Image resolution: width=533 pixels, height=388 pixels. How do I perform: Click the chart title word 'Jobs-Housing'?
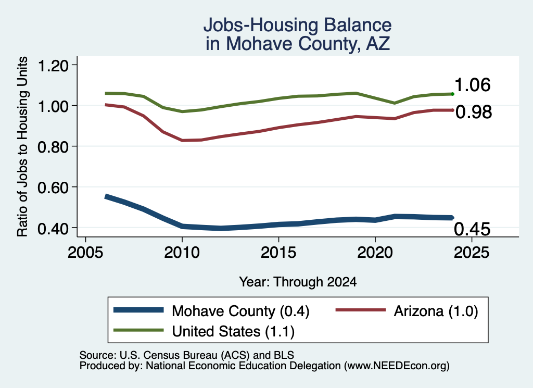[x=261, y=25]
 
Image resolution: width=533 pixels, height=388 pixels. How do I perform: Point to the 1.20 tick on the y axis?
[x=53, y=65]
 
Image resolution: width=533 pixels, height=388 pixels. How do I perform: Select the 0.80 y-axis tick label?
[x=53, y=147]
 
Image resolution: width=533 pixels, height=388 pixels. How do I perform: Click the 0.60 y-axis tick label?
[x=53, y=187]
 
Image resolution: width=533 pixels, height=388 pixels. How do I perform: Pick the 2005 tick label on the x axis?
[x=85, y=253]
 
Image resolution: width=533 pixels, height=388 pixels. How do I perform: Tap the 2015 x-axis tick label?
[x=278, y=253]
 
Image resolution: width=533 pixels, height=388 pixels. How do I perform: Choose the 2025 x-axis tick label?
[x=472, y=253]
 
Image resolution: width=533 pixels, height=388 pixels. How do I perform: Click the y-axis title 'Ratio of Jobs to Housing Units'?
[x=22, y=146]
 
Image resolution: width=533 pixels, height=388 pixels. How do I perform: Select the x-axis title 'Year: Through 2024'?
[x=298, y=282]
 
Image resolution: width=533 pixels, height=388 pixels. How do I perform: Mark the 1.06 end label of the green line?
[x=473, y=85]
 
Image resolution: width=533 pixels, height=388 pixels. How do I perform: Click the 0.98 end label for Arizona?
[x=474, y=112]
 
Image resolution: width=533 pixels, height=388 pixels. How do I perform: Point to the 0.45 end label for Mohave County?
[x=472, y=229]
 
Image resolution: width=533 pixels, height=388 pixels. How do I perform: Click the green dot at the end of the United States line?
[x=452, y=94]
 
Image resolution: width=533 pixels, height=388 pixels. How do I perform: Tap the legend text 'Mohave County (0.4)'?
[x=240, y=311]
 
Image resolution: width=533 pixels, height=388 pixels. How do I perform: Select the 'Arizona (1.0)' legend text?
[x=436, y=311]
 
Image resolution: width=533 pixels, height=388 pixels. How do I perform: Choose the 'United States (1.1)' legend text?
[x=233, y=331]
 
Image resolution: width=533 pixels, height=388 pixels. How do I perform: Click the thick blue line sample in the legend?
[x=138, y=310]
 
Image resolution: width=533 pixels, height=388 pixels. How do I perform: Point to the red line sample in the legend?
[x=361, y=310]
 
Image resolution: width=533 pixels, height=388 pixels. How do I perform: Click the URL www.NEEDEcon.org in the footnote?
[x=396, y=366]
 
